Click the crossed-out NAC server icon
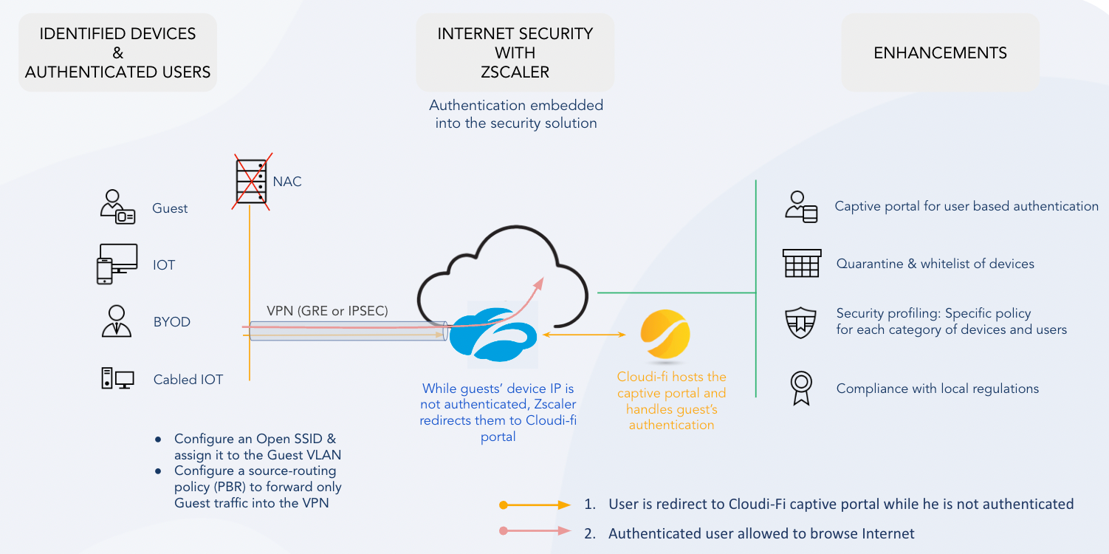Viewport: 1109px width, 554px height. (252, 182)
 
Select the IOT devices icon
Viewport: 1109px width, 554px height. (117, 264)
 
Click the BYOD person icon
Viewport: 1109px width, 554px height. (116, 321)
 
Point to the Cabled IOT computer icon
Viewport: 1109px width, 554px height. (117, 378)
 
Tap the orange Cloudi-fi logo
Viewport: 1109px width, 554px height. (665, 335)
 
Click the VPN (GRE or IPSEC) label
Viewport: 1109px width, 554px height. (327, 310)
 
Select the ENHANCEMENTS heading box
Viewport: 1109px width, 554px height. (940, 52)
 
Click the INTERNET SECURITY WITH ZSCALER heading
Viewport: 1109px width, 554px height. (515, 52)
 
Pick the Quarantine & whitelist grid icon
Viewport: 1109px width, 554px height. (801, 263)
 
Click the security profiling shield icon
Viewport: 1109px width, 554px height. (801, 322)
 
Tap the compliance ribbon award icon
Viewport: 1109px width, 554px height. (801, 388)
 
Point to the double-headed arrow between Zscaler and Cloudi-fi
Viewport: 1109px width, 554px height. (583, 335)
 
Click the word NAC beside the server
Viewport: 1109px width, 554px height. (287, 181)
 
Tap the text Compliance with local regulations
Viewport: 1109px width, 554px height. (937, 389)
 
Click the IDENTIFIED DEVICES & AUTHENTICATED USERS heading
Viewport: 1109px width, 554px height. (117, 52)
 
